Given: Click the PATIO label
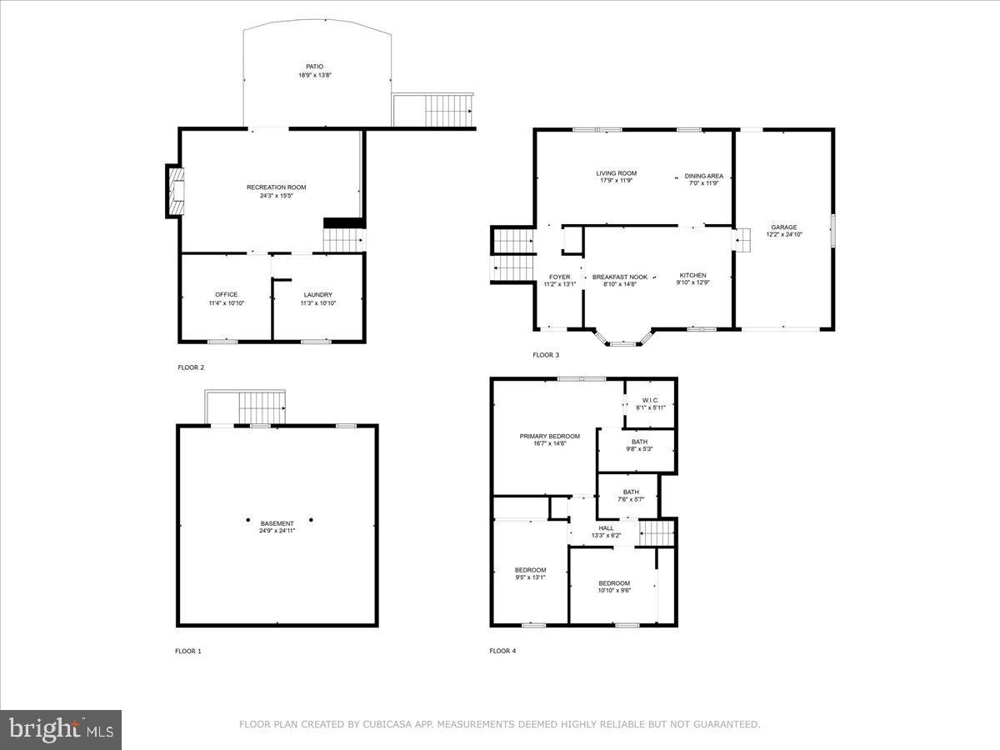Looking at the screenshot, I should [314, 67].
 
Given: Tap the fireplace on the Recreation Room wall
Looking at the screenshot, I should [175, 192].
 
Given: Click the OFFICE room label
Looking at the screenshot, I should [227, 294].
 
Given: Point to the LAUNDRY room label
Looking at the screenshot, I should [317, 294].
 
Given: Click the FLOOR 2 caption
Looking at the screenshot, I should [191, 367].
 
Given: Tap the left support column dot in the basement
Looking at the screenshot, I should [247, 520].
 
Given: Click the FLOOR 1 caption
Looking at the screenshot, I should [188, 651].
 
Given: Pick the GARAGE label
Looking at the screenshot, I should [783, 227].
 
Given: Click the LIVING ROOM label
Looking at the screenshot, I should [617, 173].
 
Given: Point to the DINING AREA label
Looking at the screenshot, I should [704, 176].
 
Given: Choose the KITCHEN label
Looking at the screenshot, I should [692, 275].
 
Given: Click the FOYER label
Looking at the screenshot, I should [559, 277].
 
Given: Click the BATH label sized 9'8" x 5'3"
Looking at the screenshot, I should [639, 442].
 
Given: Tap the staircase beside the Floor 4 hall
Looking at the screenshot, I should [656, 531].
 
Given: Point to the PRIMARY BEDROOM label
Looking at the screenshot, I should [549, 436].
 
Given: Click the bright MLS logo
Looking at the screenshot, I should [61, 730].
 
